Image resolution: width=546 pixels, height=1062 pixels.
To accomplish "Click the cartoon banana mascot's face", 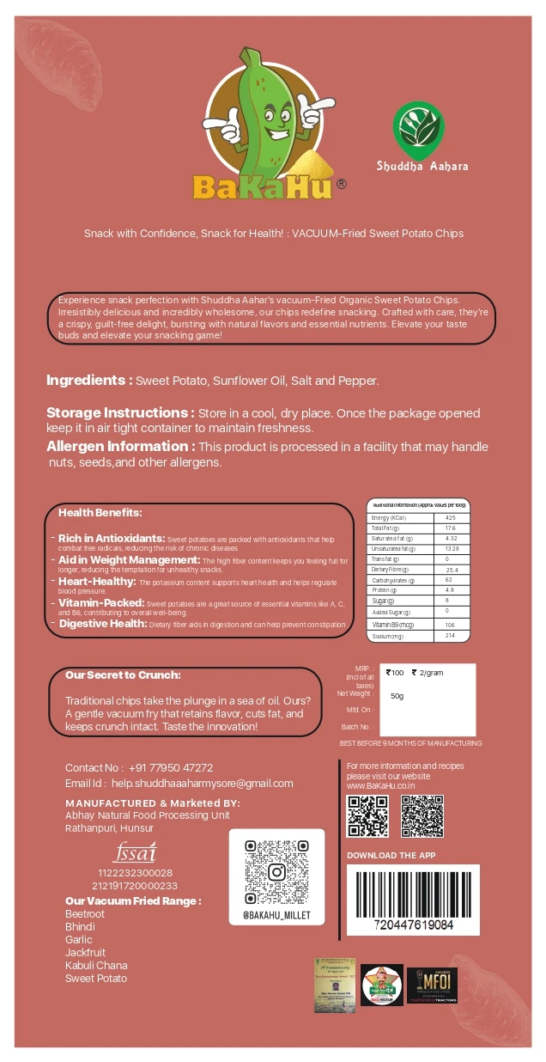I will coord(275,112).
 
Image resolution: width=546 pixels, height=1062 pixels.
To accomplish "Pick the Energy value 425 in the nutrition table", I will coord(451,517).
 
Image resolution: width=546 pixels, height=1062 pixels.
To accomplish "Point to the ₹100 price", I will coord(396,673).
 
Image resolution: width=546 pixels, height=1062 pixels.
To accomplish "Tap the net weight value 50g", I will coord(397,695).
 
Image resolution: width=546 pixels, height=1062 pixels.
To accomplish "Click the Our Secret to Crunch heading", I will coord(123,675).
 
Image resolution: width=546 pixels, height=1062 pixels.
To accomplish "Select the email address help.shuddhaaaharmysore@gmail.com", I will coord(202,783).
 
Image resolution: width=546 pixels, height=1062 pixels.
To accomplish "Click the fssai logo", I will coord(135,853).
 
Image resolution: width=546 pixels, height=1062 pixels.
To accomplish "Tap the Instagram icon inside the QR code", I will coord(276,872).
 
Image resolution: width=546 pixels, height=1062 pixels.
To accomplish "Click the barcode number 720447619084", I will coord(415,925).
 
